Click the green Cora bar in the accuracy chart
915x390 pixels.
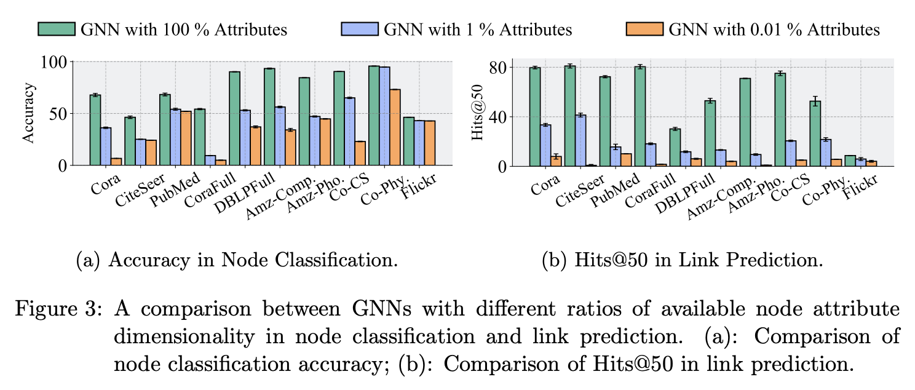(x=95, y=130)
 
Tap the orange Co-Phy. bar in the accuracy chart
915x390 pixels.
(x=395, y=127)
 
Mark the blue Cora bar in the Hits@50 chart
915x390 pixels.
(x=545, y=145)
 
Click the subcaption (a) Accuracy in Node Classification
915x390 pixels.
(x=236, y=260)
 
